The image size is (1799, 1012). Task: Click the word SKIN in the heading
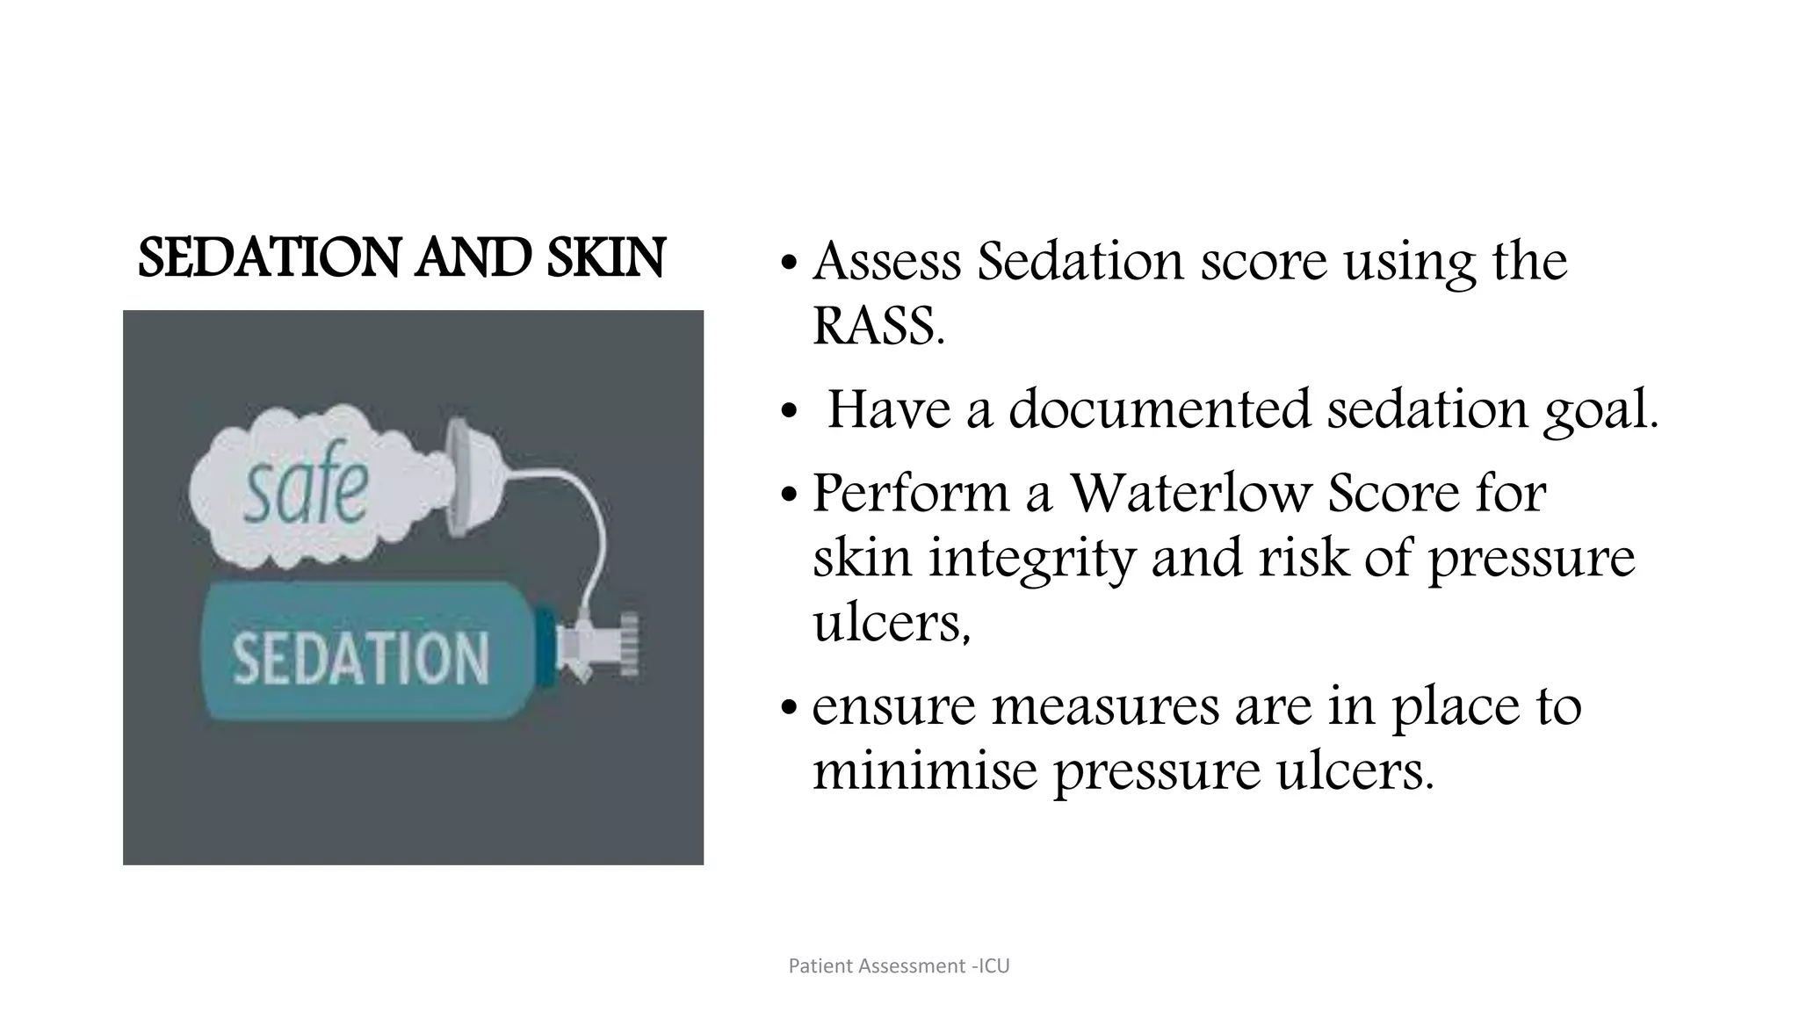click(605, 259)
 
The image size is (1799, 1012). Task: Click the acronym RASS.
click(878, 327)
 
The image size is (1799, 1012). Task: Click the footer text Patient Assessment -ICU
click(899, 966)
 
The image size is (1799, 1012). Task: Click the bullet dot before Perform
click(789, 495)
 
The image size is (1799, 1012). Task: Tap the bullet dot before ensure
click(789, 707)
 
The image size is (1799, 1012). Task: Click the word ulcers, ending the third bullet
click(891, 624)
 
